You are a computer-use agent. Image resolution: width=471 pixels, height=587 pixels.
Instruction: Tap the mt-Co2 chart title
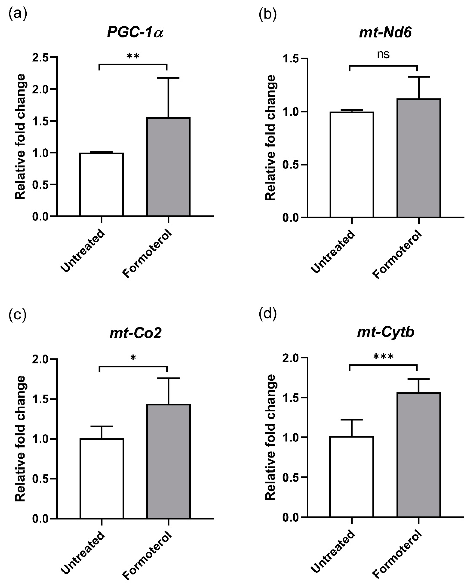point(135,333)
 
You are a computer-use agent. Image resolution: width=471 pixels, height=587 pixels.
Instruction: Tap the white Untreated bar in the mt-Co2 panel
point(102,478)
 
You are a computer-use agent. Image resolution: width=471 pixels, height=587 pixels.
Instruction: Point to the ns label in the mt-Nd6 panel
point(383,54)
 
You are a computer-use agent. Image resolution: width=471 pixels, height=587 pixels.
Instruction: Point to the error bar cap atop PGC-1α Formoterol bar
point(168,78)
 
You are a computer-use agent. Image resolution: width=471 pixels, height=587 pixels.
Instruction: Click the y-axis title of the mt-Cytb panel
point(270,437)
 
